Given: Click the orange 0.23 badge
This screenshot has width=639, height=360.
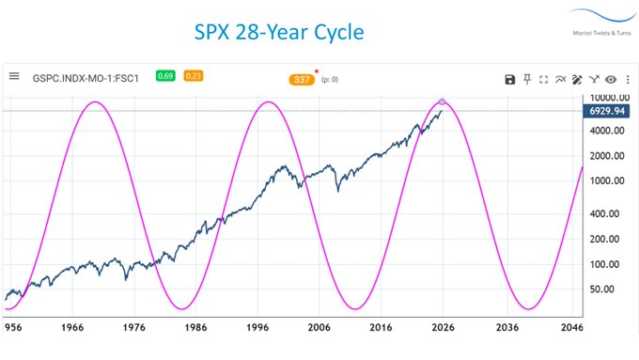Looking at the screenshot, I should (x=193, y=76).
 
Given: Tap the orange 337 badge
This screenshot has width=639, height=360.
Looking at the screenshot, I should (x=303, y=80).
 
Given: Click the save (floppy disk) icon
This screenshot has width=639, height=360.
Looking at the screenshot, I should (x=509, y=80).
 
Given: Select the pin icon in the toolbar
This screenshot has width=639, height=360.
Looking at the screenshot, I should (x=527, y=80).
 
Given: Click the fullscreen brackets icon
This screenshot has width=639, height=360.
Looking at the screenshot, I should (x=544, y=80).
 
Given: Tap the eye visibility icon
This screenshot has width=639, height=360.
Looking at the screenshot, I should (x=611, y=80).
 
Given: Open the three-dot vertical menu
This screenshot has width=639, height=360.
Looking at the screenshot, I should (x=627, y=80).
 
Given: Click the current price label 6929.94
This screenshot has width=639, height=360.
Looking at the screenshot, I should (x=608, y=111).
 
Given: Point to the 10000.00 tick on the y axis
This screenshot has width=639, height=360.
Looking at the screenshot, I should (x=606, y=98).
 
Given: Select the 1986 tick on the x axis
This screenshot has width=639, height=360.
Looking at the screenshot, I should (x=195, y=329).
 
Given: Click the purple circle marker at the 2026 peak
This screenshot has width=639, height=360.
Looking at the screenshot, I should (x=443, y=101).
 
